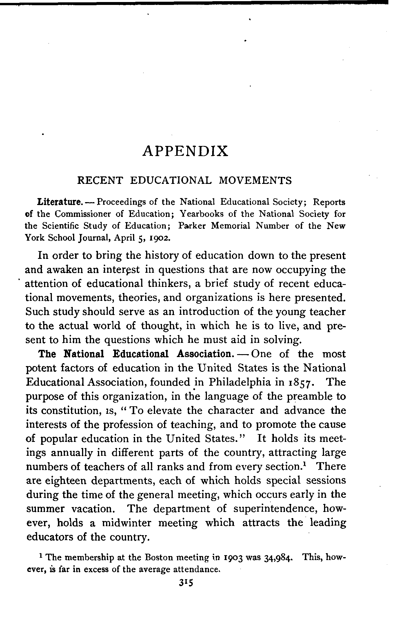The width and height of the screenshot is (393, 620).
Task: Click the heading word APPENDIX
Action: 185,151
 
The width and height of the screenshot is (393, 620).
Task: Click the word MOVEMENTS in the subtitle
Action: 255,180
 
